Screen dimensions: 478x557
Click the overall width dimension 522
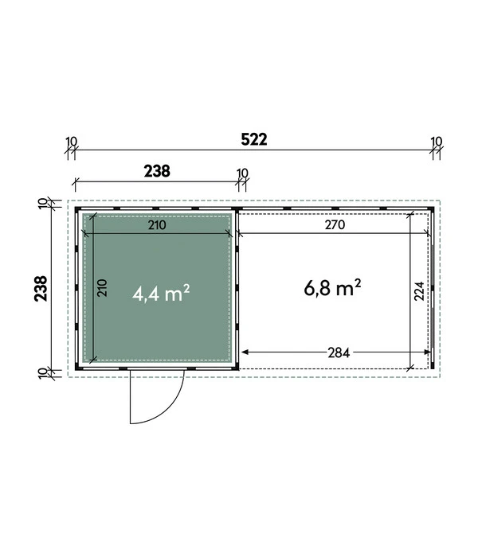[254, 139]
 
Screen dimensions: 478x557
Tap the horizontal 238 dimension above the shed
[157, 171]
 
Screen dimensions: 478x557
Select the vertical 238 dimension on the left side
[41, 288]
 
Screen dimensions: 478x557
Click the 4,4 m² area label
[161, 293]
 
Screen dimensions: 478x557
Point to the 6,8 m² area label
[332, 288]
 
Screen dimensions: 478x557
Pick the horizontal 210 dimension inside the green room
[157, 225]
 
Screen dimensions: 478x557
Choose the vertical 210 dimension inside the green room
[102, 288]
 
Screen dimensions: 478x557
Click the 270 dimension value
[335, 225]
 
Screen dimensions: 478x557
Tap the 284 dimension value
[339, 353]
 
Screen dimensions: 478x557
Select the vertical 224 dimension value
[419, 291]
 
